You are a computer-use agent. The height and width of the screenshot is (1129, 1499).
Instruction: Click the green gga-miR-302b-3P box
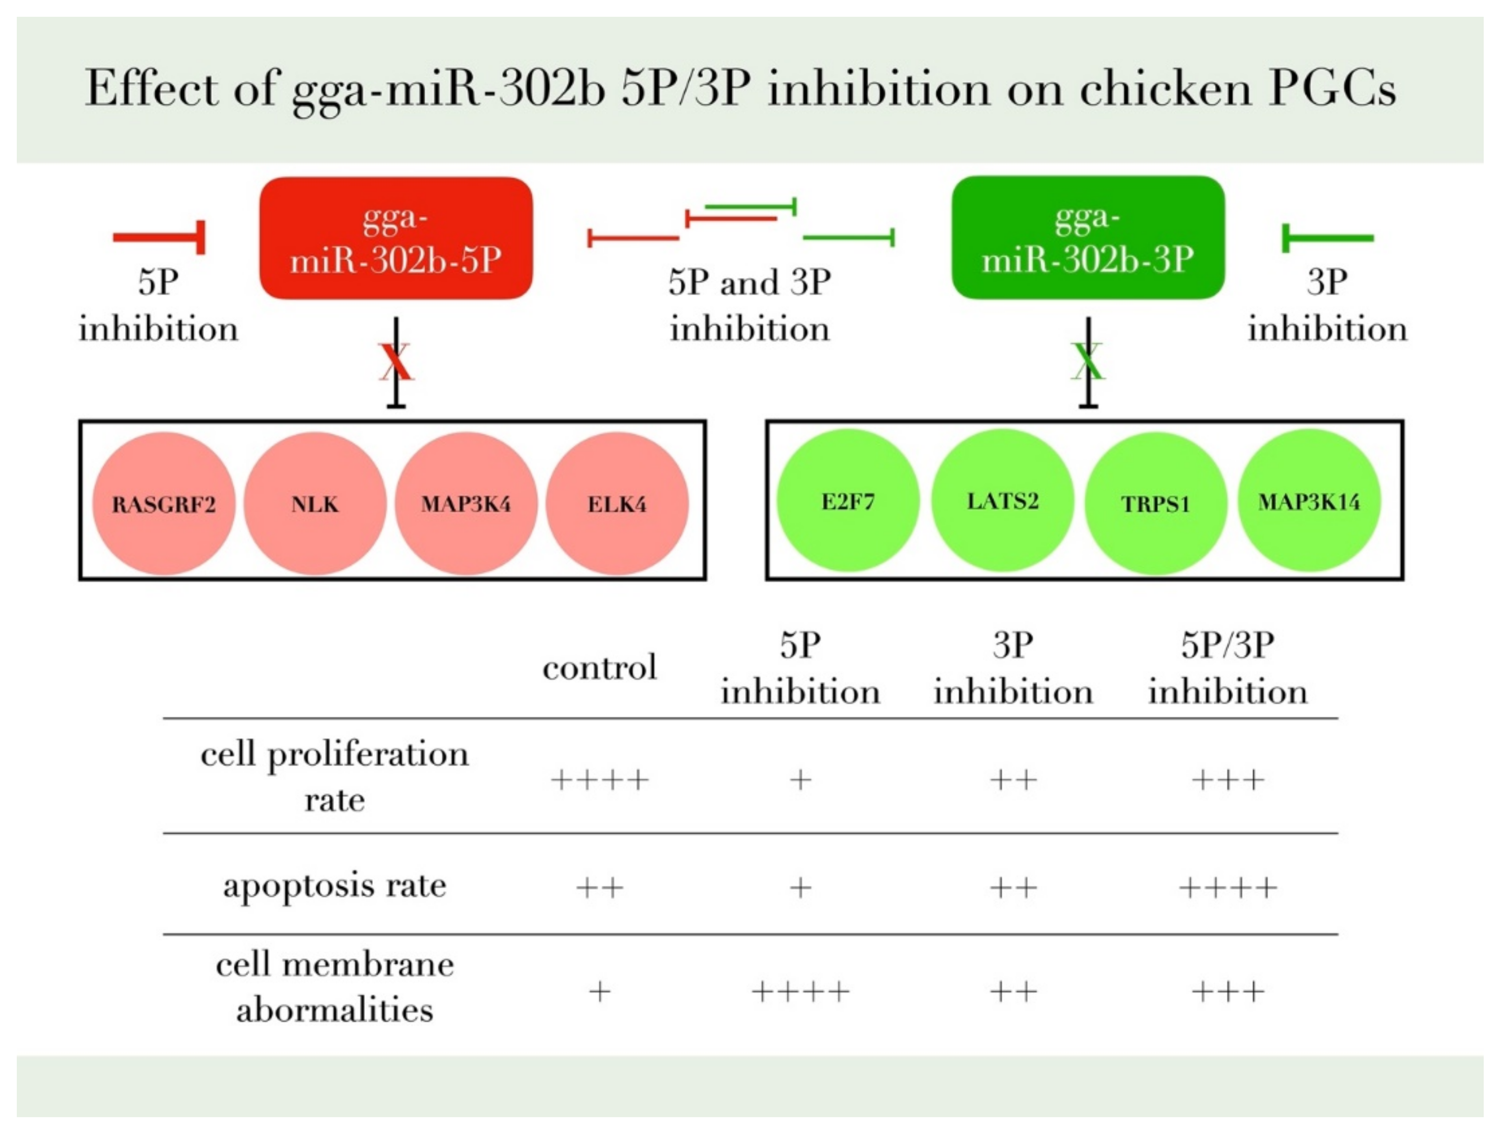pos(1088,237)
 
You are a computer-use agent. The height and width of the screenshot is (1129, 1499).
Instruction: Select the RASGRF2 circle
pos(163,504)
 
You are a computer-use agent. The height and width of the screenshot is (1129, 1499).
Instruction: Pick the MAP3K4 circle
pos(466,504)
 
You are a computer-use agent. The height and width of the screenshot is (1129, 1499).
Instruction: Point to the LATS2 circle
pos(1002,501)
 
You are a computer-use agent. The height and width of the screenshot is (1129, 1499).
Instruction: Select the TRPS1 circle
pos(1155,504)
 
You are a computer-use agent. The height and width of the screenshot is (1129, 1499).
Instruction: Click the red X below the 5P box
pos(396,363)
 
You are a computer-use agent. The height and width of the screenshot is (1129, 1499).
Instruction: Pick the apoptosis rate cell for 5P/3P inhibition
pos(1227,887)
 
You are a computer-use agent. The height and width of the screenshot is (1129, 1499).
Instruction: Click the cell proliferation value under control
pos(600,780)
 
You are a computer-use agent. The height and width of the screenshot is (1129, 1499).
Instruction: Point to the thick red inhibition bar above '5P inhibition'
pos(160,237)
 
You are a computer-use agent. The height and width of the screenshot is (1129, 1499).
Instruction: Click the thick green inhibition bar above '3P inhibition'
pos(1327,238)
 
